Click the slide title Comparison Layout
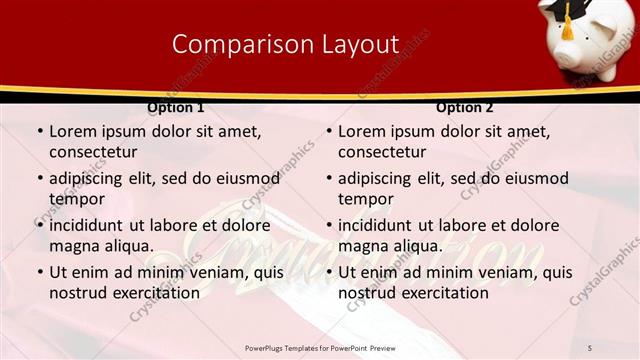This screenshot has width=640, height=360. (285, 44)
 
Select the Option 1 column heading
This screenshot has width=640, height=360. (175, 107)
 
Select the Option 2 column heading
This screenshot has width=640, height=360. (465, 107)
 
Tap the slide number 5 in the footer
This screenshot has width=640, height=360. (590, 347)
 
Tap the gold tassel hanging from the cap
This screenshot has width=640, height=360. (567, 28)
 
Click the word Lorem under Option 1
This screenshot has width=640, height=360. (74, 131)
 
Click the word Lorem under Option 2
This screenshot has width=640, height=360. (363, 131)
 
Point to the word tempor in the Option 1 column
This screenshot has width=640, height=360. (77, 199)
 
